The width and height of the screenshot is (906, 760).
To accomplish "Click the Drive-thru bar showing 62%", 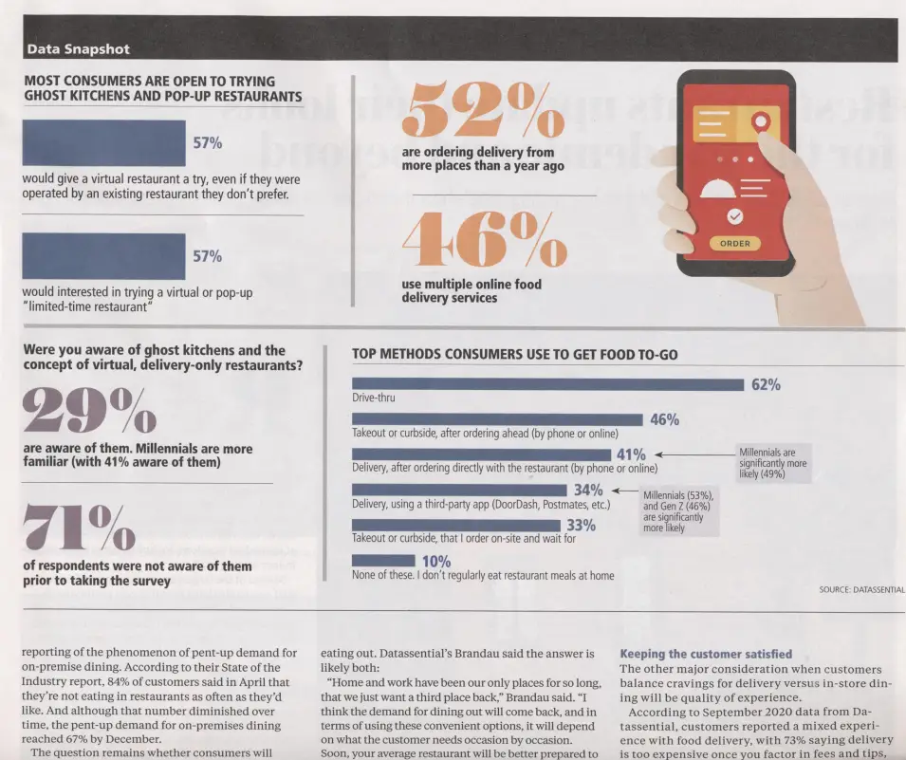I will [547, 384].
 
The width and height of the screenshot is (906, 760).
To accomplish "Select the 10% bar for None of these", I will [383, 561].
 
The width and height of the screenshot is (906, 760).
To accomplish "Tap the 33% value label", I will [581, 526].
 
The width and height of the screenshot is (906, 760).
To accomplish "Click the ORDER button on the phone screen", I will [735, 244].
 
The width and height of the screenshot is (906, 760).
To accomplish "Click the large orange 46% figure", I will [485, 239].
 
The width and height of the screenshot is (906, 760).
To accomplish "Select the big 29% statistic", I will [88, 408].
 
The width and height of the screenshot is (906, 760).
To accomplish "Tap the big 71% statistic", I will [79, 527].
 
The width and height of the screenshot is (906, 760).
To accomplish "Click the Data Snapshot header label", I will [78, 48].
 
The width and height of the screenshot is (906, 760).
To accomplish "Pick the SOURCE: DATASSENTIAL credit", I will [861, 589].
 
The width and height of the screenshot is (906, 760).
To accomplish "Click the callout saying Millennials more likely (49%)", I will [773, 463].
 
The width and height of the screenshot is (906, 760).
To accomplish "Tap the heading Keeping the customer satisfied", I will [706, 654].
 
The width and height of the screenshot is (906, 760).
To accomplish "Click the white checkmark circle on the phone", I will [734, 216].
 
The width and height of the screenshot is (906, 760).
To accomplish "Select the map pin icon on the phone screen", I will [759, 121].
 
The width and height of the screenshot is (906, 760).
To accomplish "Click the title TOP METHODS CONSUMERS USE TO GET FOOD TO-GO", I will [514, 355].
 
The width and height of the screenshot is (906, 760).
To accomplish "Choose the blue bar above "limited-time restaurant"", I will [103, 256].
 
